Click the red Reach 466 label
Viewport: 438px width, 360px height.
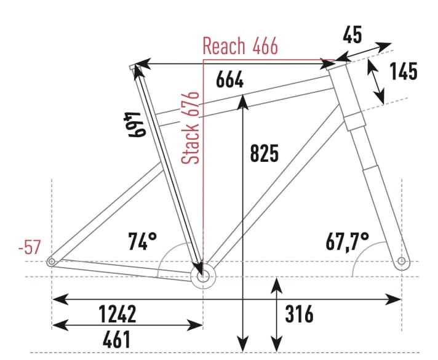click(240, 46)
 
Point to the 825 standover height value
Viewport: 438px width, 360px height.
click(265, 153)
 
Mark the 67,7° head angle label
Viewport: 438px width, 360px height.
click(348, 239)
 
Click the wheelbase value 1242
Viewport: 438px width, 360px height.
click(117, 314)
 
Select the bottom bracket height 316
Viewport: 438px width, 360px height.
click(299, 314)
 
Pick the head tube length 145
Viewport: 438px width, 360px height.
click(403, 71)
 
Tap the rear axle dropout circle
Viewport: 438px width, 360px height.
click(52, 262)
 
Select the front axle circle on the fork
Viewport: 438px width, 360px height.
click(402, 262)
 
